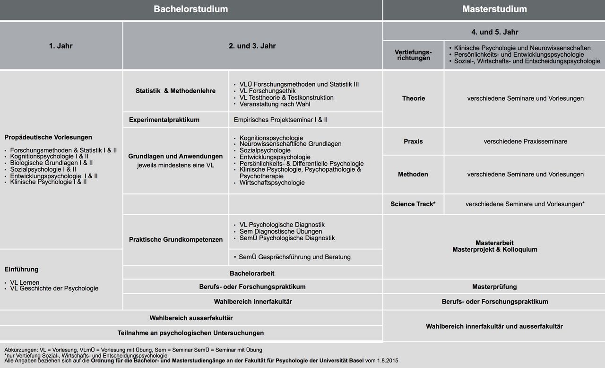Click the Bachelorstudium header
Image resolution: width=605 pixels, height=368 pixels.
pyautogui.click(x=190, y=9)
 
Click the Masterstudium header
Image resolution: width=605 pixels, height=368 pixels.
pyautogui.click(x=494, y=9)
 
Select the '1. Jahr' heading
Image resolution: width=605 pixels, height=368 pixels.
pyautogui.click(x=61, y=46)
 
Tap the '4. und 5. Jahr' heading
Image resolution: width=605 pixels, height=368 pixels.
pyautogui.click(x=494, y=32)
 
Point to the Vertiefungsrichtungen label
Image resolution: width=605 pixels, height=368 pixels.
pyautogui.click(x=413, y=55)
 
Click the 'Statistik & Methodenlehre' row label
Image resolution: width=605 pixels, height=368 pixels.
pyautogui.click(x=175, y=91)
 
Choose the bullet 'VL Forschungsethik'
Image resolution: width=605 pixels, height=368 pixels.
pyautogui.click(x=268, y=91)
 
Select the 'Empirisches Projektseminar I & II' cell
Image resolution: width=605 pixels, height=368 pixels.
pyautogui.click(x=280, y=120)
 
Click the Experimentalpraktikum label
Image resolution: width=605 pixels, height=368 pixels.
pyautogui.click(x=164, y=120)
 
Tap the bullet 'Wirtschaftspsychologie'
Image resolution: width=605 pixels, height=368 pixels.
pyautogui.click(x=272, y=183)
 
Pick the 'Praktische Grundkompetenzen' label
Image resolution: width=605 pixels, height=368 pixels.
pyautogui.click(x=175, y=239)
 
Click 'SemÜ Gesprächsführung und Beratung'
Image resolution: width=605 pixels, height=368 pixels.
pyautogui.click(x=294, y=257)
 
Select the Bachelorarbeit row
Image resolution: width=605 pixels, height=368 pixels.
pyautogui.click(x=252, y=273)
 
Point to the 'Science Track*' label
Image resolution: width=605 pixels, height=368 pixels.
pyautogui.click(x=413, y=204)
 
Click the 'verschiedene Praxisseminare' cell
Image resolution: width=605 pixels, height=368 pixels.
pyautogui.click(x=525, y=141)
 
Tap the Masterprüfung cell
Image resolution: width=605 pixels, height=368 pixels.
pyautogui.click(x=494, y=287)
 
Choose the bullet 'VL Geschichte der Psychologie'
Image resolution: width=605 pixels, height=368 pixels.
pyautogui.click(x=54, y=288)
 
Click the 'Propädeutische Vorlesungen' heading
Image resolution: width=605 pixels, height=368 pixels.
pyautogui.click(x=48, y=137)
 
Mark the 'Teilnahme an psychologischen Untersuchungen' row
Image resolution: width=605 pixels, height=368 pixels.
pyautogui.click(x=190, y=333)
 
